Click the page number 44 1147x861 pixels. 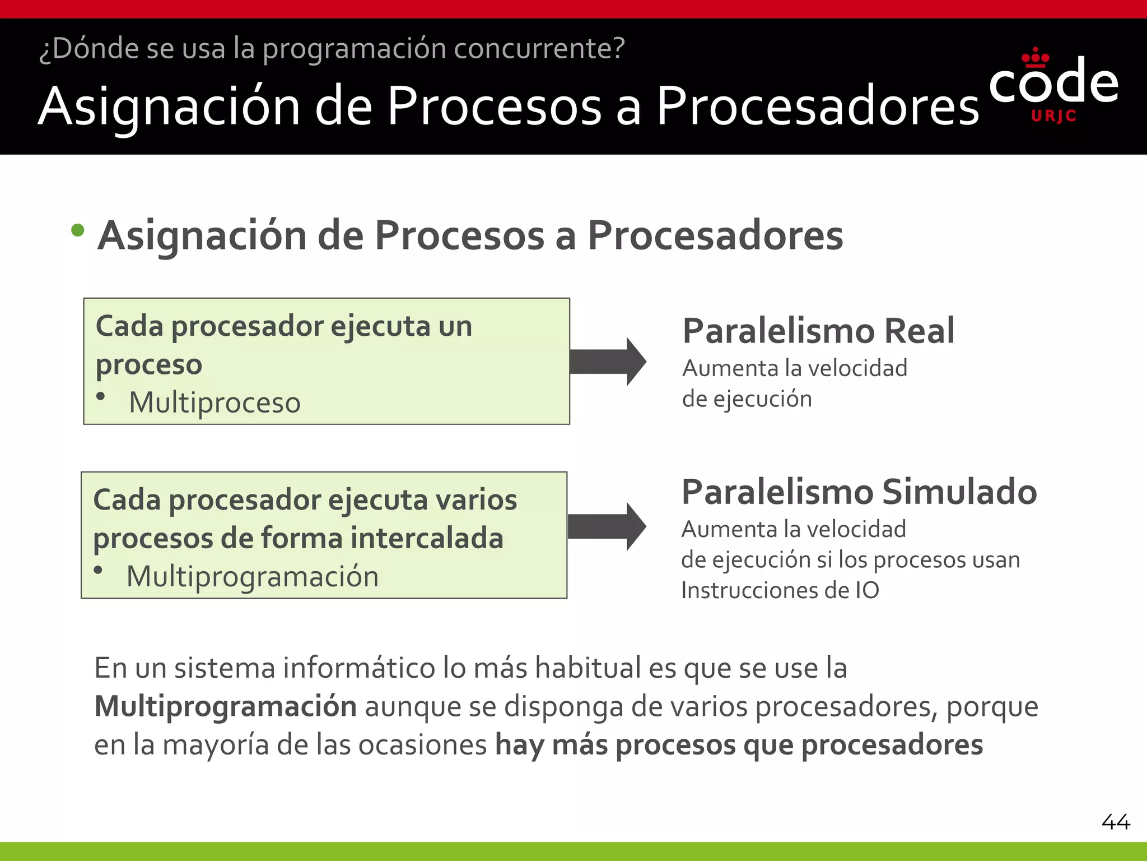pos(1116,822)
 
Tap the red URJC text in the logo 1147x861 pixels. pos(1053,116)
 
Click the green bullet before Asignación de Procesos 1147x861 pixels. pos(78,230)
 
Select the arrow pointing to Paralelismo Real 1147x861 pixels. pos(608,362)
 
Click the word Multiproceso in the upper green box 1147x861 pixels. pos(215,402)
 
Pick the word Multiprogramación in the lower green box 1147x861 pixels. pos(253,576)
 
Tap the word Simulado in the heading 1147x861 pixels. pos(959,492)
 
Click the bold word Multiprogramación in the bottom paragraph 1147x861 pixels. pos(225,706)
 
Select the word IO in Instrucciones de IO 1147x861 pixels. pos(867,590)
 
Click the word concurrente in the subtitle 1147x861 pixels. pos(539,48)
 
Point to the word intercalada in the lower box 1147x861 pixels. pos(427,538)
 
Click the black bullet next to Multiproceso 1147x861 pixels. pos(101,396)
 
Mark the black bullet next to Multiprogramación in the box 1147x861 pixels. pos(99,571)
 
